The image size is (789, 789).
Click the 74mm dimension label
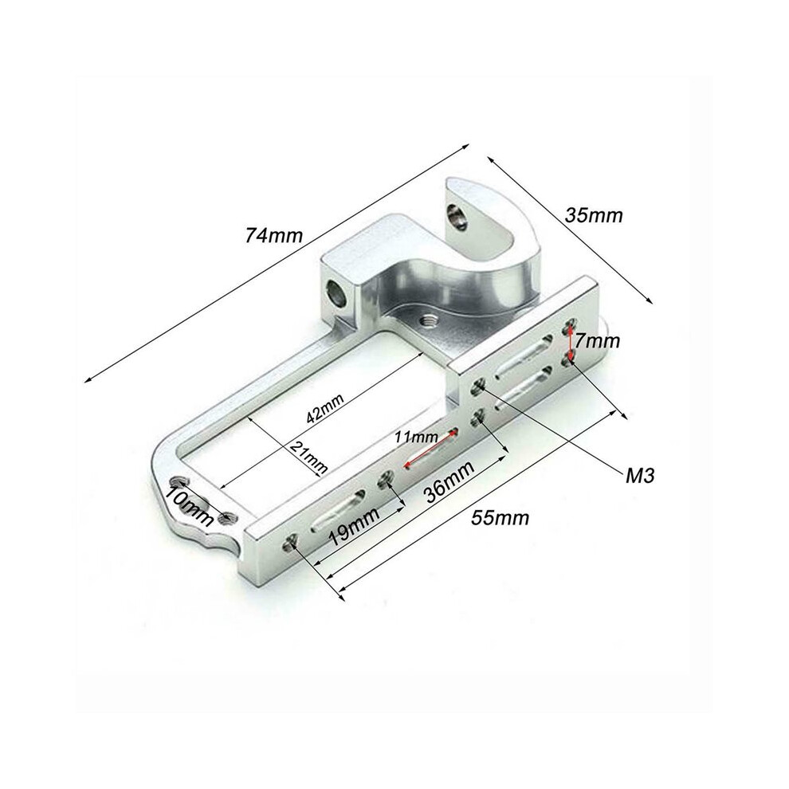tap(273, 235)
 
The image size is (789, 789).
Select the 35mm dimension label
tap(594, 215)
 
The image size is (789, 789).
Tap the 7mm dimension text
tap(597, 342)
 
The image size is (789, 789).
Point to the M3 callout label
tap(640, 476)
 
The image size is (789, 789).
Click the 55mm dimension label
tap(500, 517)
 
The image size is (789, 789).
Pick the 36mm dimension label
tap(449, 482)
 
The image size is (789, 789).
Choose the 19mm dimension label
tap(354, 527)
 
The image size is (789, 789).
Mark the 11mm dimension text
tap(416, 436)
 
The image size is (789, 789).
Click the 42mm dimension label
tap(325, 408)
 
